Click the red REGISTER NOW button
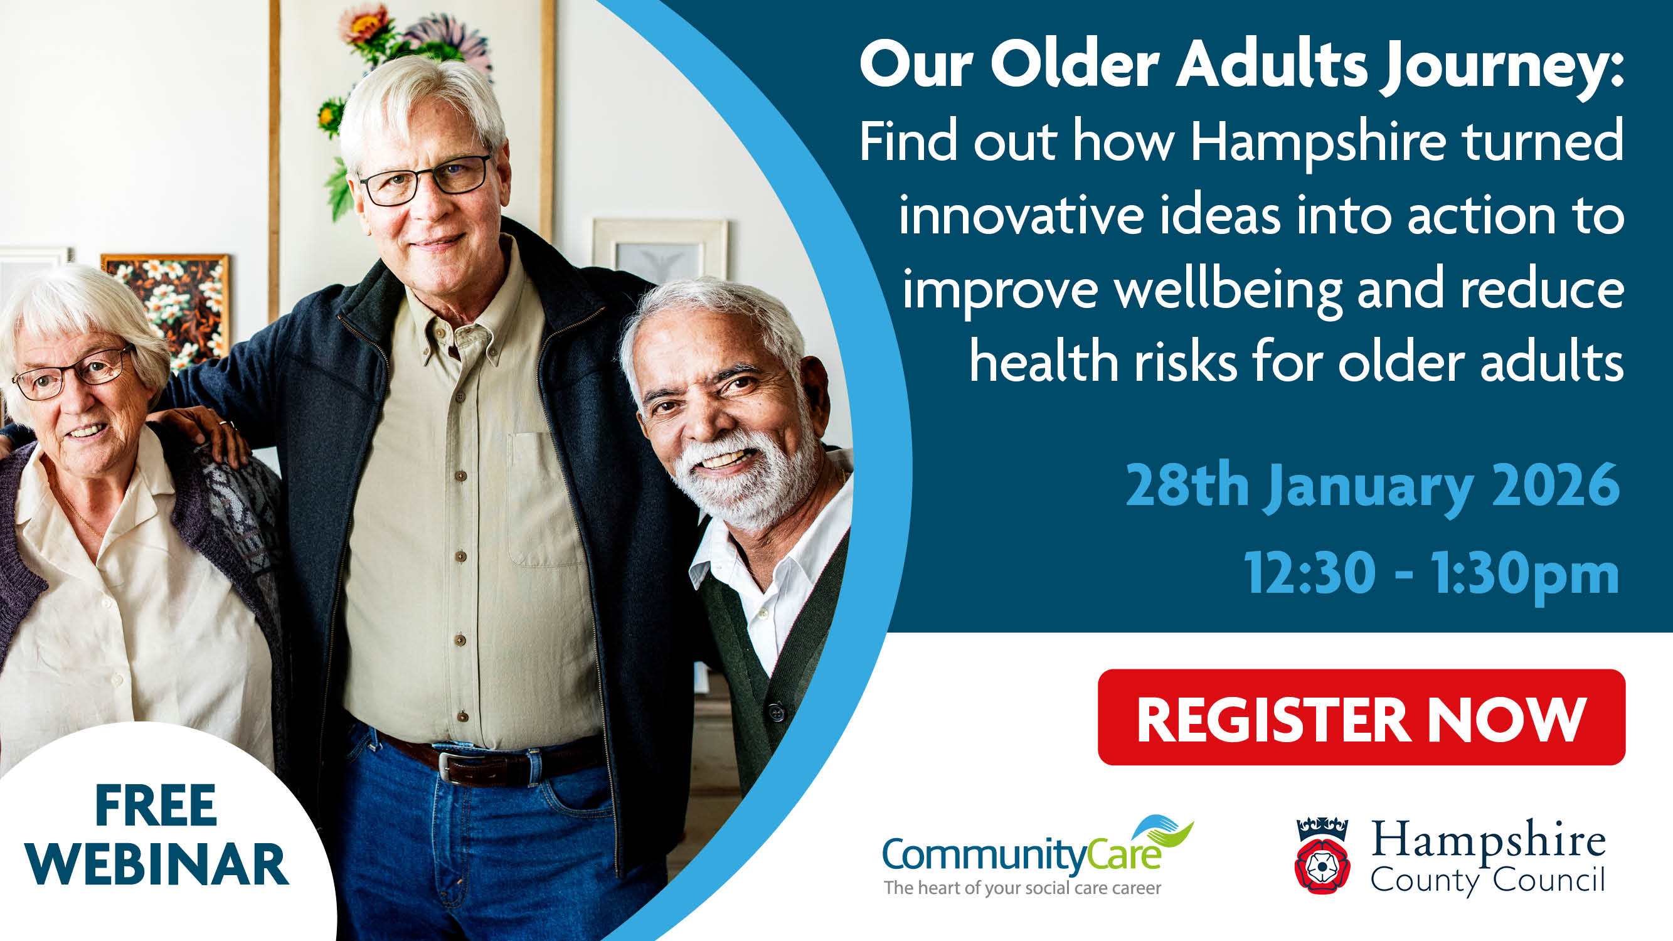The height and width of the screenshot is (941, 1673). [x=1361, y=717]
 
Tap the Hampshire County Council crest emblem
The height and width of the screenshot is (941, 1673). [x=1322, y=855]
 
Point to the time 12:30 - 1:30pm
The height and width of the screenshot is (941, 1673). [x=1431, y=574]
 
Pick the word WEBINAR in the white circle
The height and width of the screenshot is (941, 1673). [x=157, y=864]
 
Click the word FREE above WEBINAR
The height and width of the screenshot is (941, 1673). [x=156, y=805]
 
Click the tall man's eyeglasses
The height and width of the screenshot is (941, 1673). [x=425, y=180]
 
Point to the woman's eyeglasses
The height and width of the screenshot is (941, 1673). [x=72, y=374]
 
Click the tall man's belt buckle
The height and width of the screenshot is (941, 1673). [x=457, y=767]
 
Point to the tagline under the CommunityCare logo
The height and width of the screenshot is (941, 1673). [x=1022, y=888]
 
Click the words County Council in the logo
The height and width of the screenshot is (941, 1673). [x=1487, y=881]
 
